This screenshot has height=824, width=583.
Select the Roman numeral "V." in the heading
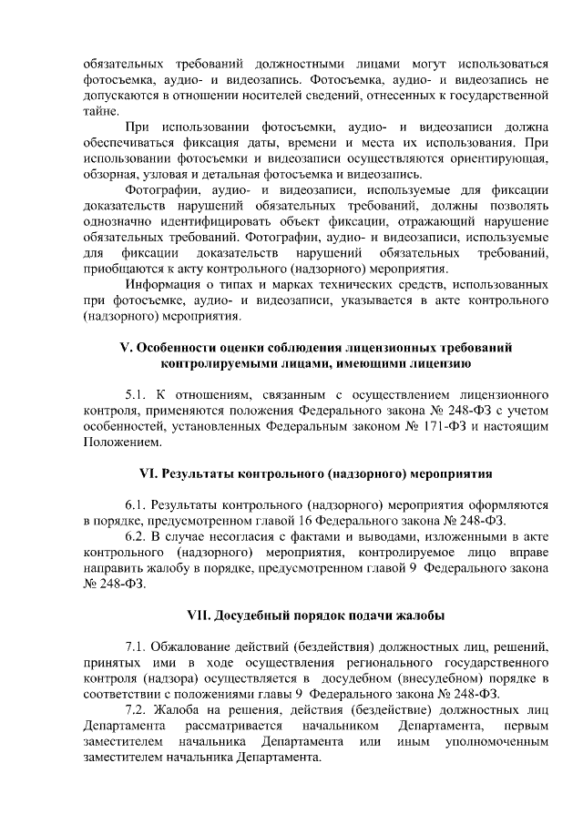point(128,348)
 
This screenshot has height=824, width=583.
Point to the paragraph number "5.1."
point(139,395)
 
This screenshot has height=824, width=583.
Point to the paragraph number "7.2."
point(139,710)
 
